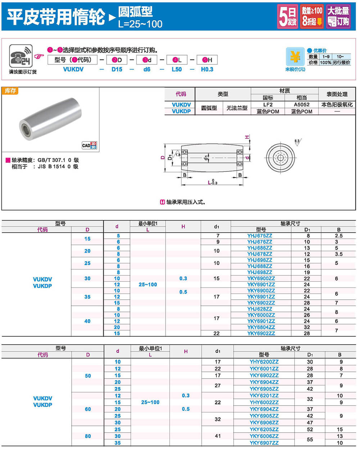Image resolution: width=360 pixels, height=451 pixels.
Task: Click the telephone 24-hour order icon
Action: coord(21,56)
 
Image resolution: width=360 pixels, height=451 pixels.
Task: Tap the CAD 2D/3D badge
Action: coord(89,146)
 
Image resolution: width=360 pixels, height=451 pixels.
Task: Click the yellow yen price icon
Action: coord(295,57)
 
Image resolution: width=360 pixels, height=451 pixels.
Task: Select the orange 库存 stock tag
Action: coord(10,91)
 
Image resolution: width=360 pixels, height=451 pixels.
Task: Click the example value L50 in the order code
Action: coord(176,69)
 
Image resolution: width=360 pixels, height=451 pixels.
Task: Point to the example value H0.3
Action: coord(207,69)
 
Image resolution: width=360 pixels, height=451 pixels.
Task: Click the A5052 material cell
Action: coord(301,104)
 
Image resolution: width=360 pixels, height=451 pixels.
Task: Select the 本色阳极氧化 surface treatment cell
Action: coord(337,104)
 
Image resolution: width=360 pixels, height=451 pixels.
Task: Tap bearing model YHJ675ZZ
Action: coord(260,236)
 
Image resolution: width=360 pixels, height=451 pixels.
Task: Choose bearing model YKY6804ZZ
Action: coord(261,327)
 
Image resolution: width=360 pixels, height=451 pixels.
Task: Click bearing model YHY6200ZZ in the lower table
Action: coord(264,362)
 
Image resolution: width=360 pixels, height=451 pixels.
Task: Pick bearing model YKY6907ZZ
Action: coord(264,443)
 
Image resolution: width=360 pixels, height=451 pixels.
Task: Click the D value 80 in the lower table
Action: coord(88,436)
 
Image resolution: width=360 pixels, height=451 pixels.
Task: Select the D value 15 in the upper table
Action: coord(87,238)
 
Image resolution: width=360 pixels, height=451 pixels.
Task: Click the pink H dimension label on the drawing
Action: coord(247,137)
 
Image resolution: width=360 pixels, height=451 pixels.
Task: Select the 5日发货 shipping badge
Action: coord(288,16)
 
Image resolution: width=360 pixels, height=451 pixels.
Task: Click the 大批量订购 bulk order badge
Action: coord(338,16)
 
